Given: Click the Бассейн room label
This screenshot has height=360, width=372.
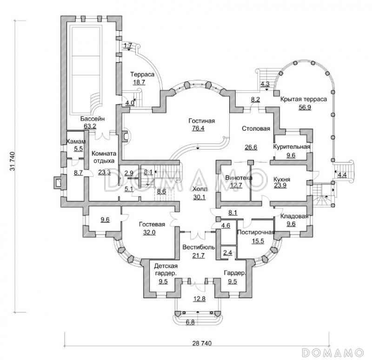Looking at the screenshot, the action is tap(92, 119).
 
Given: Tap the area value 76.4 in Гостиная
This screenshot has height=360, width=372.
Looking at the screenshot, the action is tap(198, 128).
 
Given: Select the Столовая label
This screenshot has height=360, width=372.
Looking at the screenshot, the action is tap(256, 129).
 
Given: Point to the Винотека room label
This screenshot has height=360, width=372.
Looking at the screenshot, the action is tap(239, 178).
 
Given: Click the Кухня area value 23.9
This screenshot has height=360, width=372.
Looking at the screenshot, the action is tap(280, 185).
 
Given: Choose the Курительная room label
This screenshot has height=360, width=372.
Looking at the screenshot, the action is tap(292, 147).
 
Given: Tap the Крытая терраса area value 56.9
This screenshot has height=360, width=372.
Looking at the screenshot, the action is tap(305, 107).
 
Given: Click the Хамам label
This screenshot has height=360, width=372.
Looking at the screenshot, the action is tap(76, 142).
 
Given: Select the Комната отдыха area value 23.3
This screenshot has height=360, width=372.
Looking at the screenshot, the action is tap(104, 172).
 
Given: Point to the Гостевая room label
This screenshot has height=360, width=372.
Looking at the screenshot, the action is tap(152, 224).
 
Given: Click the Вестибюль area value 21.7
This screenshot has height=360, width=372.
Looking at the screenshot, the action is tap(199, 255).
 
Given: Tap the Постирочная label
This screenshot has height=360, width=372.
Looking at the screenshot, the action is tap(256, 232).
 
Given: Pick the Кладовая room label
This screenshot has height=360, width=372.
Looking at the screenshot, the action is tap(294, 216).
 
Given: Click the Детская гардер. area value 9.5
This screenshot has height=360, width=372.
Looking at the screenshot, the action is tap(163, 281).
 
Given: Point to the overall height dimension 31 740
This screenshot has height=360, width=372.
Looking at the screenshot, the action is tap(13, 161).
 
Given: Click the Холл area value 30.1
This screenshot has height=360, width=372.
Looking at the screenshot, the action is tap(199, 197).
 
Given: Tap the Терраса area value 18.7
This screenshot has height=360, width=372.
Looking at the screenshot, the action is tap(139, 82).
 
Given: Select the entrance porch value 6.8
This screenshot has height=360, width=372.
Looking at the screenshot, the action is tap(190, 322).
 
